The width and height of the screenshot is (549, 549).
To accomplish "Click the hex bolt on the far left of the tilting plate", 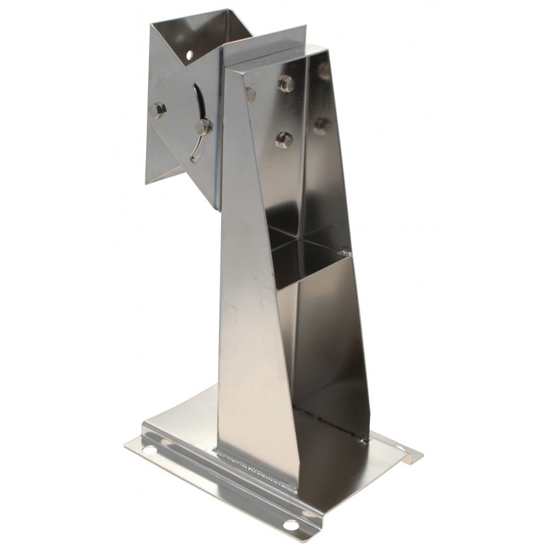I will (158, 110).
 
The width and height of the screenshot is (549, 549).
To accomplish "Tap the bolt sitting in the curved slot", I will (203, 127).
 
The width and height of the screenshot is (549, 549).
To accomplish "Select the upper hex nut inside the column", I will (286, 84).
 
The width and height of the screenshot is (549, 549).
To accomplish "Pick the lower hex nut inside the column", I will (284, 140).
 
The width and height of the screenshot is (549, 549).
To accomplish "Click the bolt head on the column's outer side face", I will (250, 94).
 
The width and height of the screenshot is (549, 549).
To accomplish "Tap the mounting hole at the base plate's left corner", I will (149, 449).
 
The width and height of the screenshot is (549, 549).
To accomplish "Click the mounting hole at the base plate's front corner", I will (291, 525).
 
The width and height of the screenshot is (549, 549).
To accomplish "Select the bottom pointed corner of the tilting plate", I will (149, 183).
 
